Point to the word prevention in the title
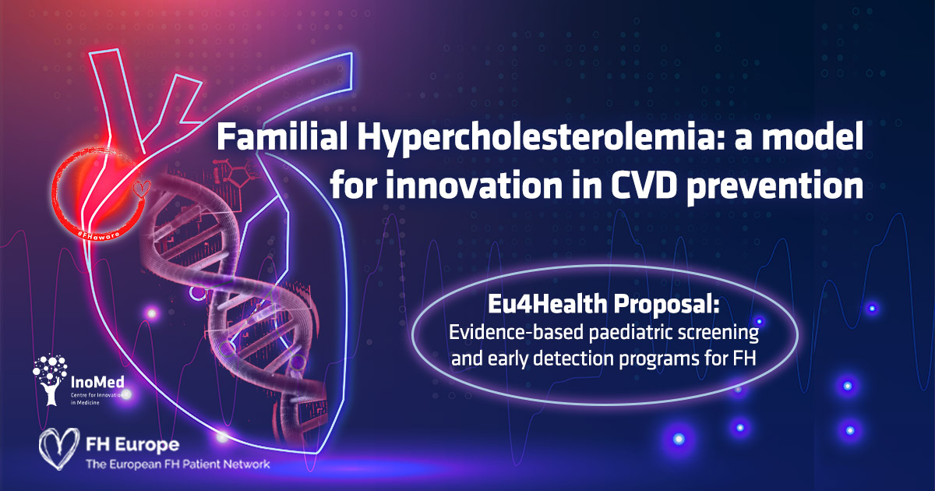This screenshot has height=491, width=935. [x=775, y=186]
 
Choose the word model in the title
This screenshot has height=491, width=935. [x=813, y=136]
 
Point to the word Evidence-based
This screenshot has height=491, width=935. [x=516, y=332]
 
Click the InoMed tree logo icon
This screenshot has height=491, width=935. [x=50, y=379]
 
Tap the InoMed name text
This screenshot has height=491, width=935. [x=97, y=382]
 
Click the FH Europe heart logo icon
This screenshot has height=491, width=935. [x=59, y=448]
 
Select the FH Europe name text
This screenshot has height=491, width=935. [x=132, y=445]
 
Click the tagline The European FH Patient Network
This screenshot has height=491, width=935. [x=178, y=464]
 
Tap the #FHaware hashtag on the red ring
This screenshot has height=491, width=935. [x=98, y=234]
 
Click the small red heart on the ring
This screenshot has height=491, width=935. [x=142, y=189]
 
